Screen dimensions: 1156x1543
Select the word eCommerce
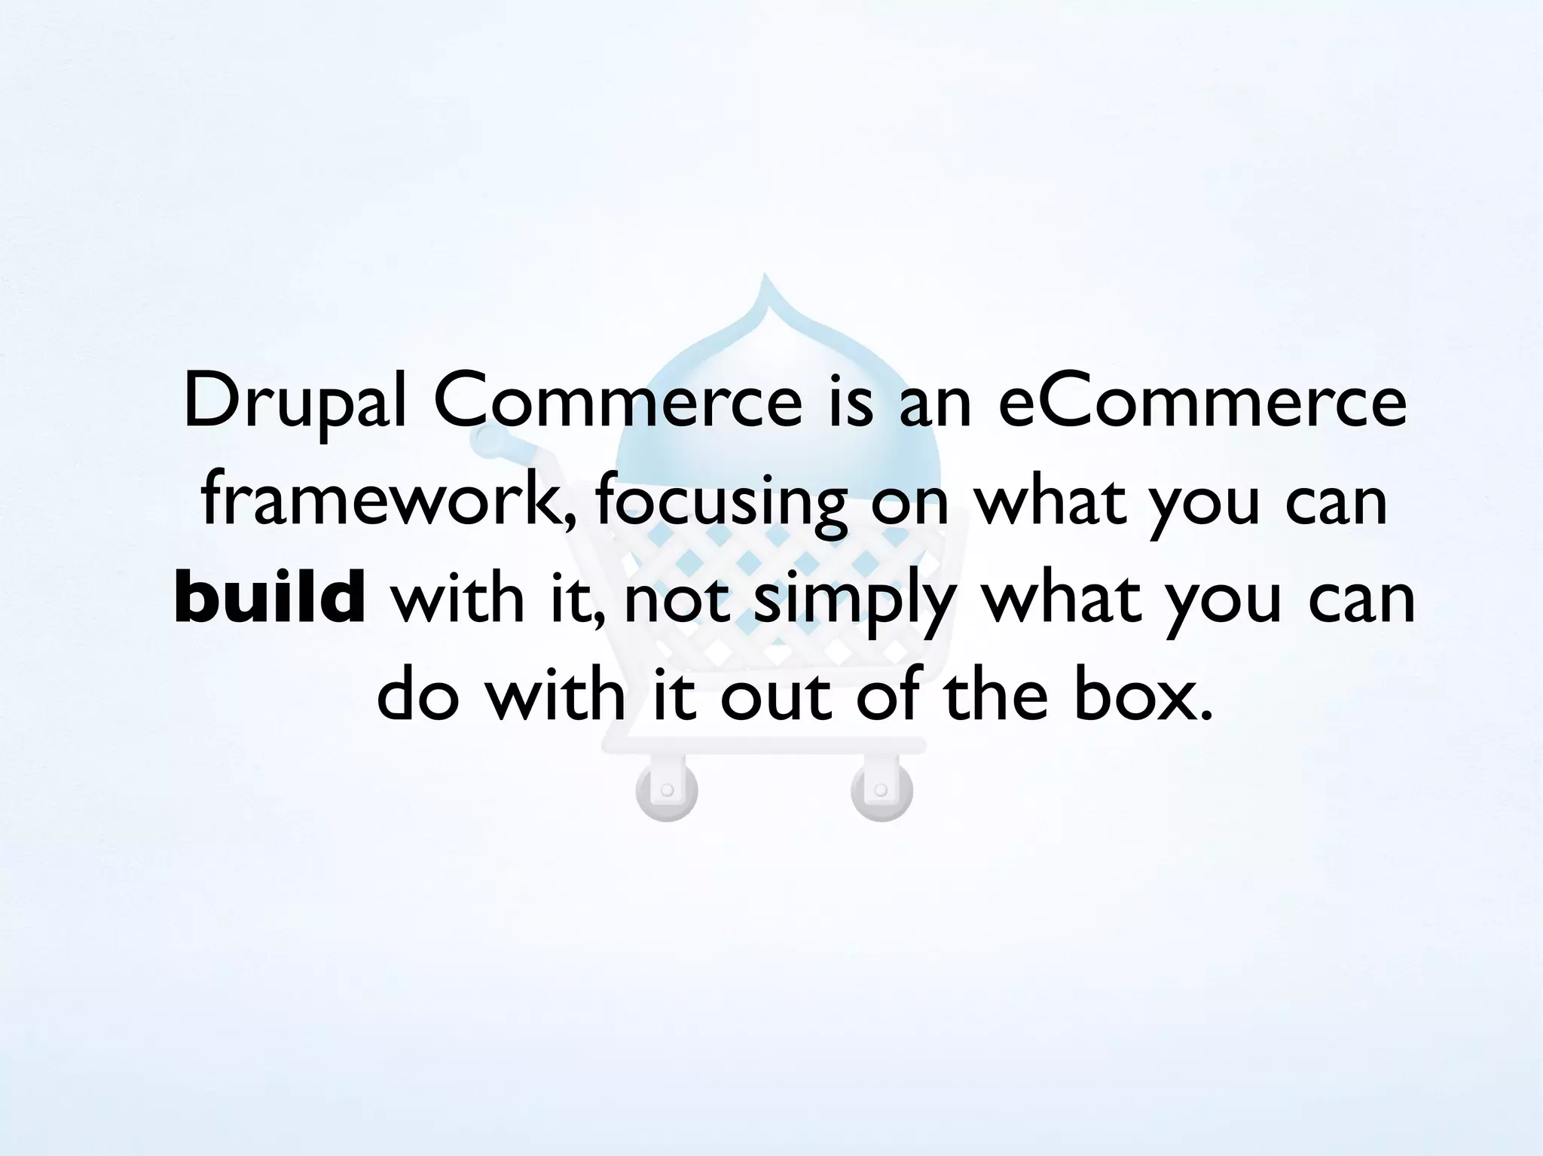point(1202,402)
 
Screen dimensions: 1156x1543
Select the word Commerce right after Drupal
point(619,402)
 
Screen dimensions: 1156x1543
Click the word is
point(851,402)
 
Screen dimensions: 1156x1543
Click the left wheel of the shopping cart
point(667,791)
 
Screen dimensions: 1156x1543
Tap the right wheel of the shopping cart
point(881,791)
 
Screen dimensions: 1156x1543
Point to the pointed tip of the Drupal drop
point(765,277)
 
